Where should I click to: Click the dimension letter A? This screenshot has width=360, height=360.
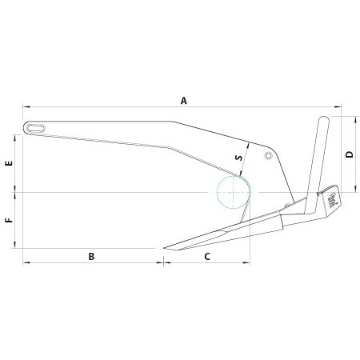click(183, 101)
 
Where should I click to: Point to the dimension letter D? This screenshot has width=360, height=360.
click(350, 154)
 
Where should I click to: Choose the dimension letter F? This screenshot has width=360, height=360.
click(8, 220)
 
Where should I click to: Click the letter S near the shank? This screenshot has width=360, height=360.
click(238, 158)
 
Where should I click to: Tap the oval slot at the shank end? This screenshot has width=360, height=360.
click(34, 126)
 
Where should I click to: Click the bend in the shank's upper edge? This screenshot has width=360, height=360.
click(172, 122)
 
